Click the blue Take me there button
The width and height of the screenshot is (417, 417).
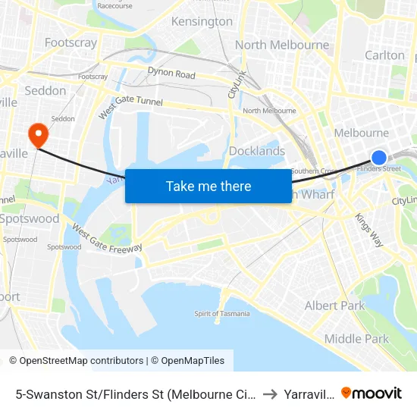[x=208, y=186]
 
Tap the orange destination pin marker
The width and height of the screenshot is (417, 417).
[x=36, y=135]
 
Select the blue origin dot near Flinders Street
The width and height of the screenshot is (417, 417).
[x=378, y=157]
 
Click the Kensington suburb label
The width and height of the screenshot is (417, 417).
[x=202, y=21]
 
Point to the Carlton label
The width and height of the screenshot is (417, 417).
[x=384, y=55]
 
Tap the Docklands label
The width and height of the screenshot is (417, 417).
[x=257, y=151]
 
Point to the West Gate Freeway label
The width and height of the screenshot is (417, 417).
[x=107, y=237]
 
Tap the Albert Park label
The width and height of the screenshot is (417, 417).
[x=334, y=306]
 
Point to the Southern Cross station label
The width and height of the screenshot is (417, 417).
[x=313, y=171]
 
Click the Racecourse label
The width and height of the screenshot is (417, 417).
[x=114, y=6]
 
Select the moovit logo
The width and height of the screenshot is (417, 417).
[x=372, y=393]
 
